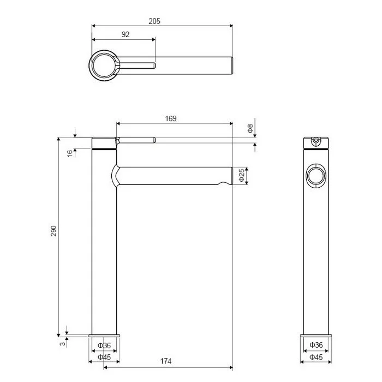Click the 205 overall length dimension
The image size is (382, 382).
(x=154, y=21)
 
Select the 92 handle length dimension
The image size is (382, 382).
(x=126, y=34)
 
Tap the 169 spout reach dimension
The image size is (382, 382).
(x=170, y=118)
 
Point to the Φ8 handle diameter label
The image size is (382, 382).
(x=250, y=128)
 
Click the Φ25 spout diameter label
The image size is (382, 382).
(x=241, y=175)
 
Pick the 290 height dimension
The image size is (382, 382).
(x=53, y=231)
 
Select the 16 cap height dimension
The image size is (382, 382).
(x=70, y=153)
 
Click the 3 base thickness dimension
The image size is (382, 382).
(x=63, y=343)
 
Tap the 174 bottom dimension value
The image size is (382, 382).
(x=166, y=361)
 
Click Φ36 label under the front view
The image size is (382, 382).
(x=104, y=345)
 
